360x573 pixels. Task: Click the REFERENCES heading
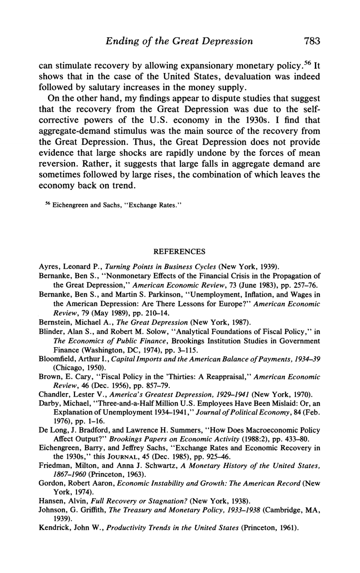click(179, 251)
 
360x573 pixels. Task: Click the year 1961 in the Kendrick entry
click(287, 528)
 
